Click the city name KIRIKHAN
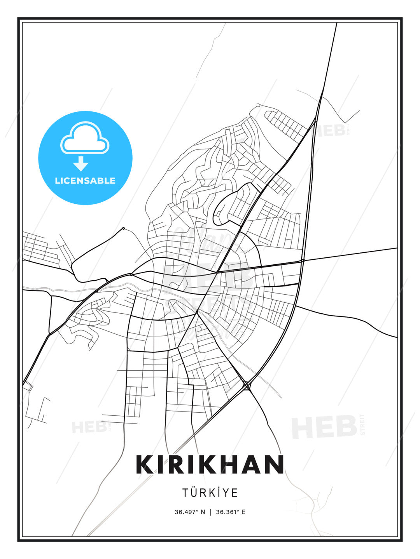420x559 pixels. tap(210, 464)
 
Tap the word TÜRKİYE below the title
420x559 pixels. tap(210, 493)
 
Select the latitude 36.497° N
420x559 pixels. tap(190, 512)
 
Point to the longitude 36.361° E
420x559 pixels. tap(231, 512)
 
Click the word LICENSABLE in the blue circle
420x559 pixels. tap(85, 181)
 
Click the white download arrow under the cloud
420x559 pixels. tap(81, 163)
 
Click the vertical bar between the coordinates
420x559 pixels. tap(210, 512)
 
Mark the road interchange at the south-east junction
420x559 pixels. tap(247, 385)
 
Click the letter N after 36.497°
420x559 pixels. tap(203, 512)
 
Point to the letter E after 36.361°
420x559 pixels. tap(243, 512)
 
